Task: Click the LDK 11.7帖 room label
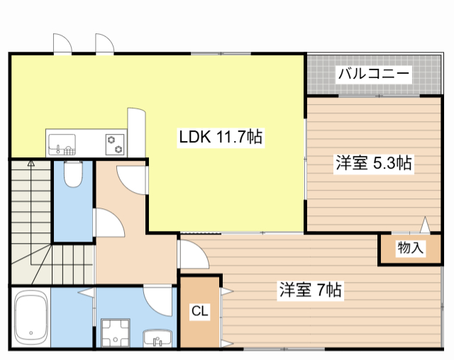point(221,137)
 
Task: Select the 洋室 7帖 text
point(311,290)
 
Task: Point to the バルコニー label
point(373,74)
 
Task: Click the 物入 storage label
point(410,248)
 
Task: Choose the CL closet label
point(199,310)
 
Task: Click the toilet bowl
point(73,174)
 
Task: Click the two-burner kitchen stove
point(114,144)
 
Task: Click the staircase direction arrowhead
point(31,162)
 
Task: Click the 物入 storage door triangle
point(425,225)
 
